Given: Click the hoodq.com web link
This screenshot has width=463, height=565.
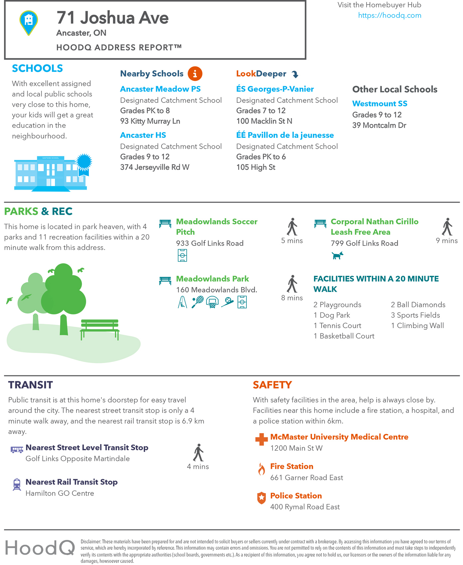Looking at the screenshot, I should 389,15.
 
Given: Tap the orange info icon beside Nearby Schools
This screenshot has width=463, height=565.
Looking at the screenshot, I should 195,74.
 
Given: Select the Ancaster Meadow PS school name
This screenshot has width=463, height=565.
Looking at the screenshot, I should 160,89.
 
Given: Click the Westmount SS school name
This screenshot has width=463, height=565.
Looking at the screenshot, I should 380,103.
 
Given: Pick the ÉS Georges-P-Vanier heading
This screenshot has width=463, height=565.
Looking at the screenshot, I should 275,89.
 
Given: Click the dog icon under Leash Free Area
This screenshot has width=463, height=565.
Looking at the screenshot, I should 337,256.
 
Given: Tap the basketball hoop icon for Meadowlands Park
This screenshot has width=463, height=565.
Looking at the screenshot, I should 212,302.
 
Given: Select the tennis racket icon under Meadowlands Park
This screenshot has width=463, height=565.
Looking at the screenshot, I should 197,302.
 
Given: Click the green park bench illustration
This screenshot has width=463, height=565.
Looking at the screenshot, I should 100,329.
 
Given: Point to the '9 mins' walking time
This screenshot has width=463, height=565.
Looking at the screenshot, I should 447,241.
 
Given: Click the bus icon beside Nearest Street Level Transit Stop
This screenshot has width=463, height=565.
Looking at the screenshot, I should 17,450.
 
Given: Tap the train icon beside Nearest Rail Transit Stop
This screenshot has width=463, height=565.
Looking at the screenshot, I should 17,484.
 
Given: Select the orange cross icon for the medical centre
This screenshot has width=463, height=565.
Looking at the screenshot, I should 261,439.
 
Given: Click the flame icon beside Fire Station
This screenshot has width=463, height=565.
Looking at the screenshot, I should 262,469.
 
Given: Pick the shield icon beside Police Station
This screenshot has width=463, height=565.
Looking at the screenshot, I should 262,498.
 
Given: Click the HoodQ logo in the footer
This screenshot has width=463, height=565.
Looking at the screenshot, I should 40,547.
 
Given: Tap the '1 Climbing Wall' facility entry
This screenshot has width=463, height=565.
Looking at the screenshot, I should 417,325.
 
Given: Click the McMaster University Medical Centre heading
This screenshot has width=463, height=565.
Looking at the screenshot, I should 339,437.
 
